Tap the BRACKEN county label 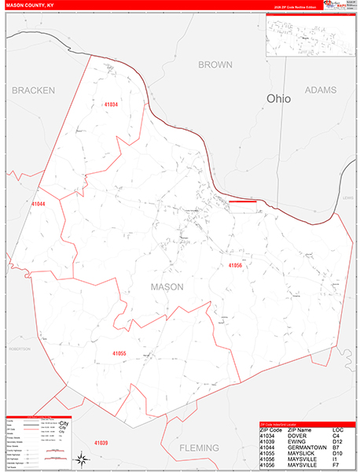(x=33, y=90)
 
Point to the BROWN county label (x=215, y=65)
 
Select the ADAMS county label (x=319, y=90)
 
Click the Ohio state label (x=278, y=99)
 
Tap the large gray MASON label (x=167, y=287)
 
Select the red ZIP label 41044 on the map (x=39, y=204)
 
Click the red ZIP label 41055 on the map (x=119, y=353)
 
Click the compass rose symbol (x=81, y=458)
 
